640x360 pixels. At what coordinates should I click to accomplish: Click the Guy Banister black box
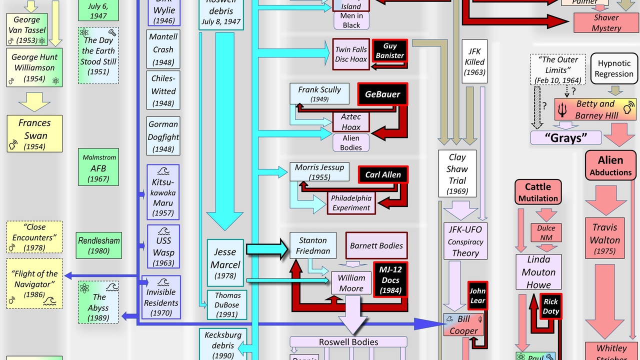coord(389,50)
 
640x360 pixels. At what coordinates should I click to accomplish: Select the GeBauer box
coord(382,94)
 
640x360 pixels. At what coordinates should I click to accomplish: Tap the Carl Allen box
coord(383,174)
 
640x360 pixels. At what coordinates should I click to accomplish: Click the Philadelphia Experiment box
coord(351,202)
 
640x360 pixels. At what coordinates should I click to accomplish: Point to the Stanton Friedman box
coord(313,245)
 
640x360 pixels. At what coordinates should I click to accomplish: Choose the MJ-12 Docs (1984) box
coord(390,280)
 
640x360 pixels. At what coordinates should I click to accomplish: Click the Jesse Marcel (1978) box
coord(225,262)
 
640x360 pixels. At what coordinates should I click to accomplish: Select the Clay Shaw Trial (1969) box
coord(457,173)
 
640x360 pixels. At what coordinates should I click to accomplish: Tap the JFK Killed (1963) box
coord(474,61)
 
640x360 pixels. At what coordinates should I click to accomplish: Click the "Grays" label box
coord(565,137)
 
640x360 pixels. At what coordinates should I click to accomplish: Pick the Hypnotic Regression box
coord(614,68)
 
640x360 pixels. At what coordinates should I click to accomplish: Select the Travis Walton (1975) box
coord(604,238)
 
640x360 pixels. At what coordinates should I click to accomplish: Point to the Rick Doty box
coord(550,306)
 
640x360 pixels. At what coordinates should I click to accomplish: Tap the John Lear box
coord(477,295)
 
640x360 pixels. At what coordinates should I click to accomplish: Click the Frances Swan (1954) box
coord(34,133)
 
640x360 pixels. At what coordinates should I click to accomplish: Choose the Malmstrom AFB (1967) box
coord(98,167)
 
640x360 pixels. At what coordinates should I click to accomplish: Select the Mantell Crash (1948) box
coord(163,49)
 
